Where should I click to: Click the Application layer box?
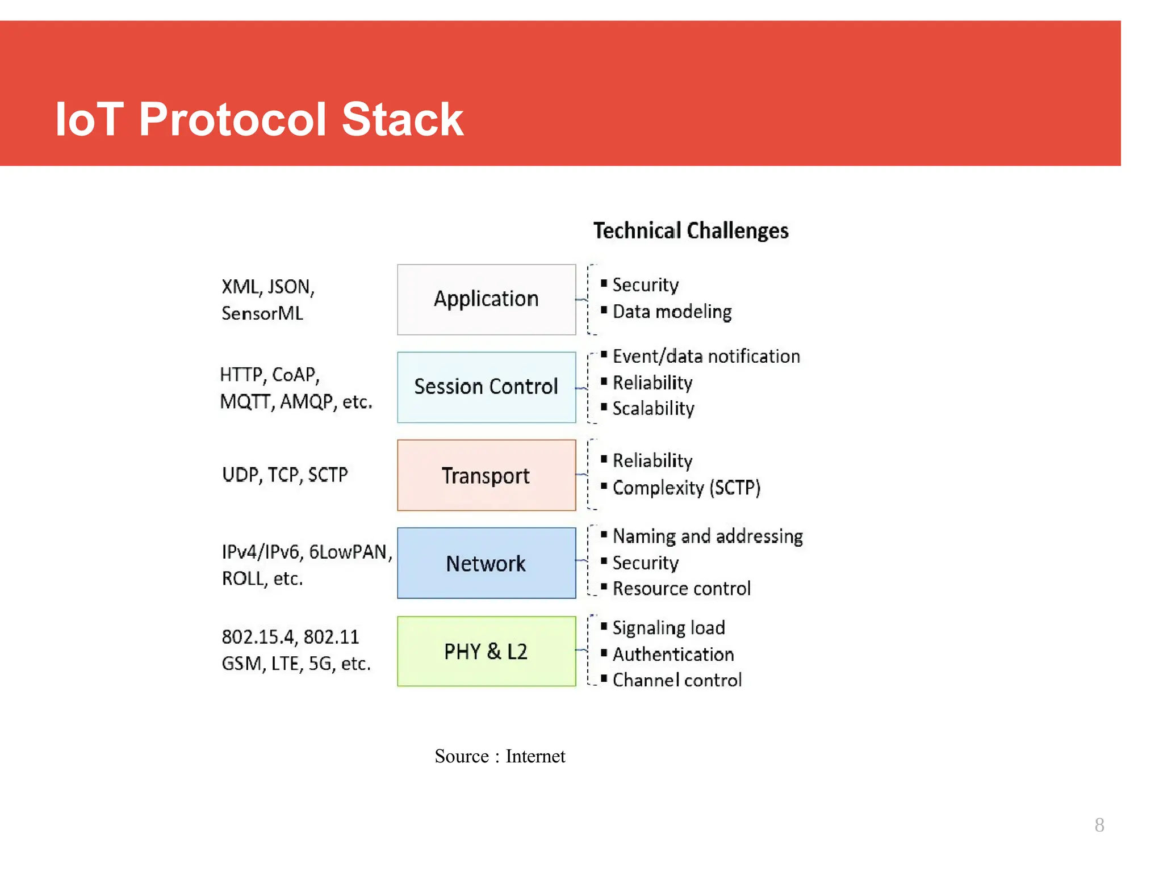(x=486, y=299)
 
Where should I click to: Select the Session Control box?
(x=486, y=387)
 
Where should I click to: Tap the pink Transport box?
(x=486, y=475)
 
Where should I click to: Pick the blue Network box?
(x=486, y=563)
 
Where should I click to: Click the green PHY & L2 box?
(x=486, y=651)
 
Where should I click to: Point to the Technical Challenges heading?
(x=691, y=231)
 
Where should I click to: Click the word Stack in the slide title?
(x=402, y=119)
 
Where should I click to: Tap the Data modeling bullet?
(x=671, y=312)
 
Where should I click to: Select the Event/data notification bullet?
(x=706, y=357)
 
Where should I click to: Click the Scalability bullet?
(x=653, y=409)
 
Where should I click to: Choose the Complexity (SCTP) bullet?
(x=686, y=488)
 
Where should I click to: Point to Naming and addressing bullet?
(x=708, y=536)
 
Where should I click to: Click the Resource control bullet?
(x=681, y=589)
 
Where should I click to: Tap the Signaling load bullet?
(x=668, y=628)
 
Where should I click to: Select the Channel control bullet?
(x=677, y=680)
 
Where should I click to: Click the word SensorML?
(x=262, y=313)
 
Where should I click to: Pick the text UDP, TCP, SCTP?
(x=285, y=475)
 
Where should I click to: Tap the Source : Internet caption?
(x=500, y=756)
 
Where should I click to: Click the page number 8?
(x=1099, y=825)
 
